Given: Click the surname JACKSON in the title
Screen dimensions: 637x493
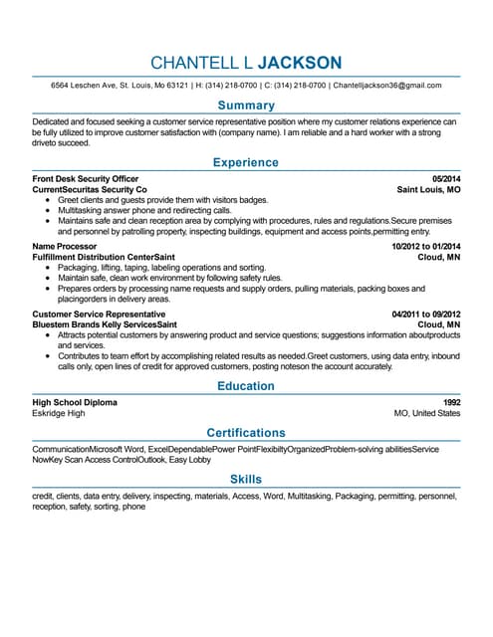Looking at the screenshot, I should [299, 63].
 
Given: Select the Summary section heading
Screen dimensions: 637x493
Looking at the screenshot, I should [246, 106].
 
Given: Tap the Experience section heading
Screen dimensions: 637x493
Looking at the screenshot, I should [246, 162].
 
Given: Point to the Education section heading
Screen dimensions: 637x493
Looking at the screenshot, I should [246, 385].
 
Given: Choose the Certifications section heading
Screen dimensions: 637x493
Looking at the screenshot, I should [246, 433].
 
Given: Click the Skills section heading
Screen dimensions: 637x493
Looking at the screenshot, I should [246, 480].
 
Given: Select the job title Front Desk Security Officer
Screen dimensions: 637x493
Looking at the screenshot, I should [86, 179].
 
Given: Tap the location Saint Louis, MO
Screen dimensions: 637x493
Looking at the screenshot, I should [428, 189].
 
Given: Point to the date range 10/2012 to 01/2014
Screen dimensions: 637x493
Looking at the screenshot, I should [426, 246].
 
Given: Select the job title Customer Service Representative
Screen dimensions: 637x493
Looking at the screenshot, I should [92, 314].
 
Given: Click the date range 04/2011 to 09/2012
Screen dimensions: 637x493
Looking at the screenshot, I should [426, 314].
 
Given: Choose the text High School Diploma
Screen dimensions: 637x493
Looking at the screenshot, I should [75, 402].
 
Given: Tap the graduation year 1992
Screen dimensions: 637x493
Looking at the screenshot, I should [451, 402].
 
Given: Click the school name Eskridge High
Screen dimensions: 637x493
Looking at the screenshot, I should [59, 413].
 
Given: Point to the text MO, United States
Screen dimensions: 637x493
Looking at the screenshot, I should [427, 413].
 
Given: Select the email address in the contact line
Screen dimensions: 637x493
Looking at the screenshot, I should [396, 86].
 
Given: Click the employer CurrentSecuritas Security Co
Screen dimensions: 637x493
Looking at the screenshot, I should [90, 189].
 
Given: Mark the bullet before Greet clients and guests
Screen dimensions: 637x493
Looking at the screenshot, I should [48, 200].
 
